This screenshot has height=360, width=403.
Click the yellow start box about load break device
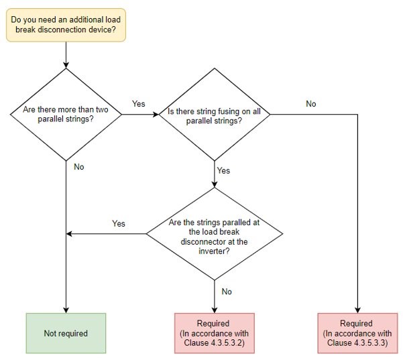tap(66, 24)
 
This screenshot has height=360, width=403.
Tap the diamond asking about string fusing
tap(214, 114)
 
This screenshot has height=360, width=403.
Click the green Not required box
tap(66, 333)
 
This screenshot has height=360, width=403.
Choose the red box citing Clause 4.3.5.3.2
tap(214, 333)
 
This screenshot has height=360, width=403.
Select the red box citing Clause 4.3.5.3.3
tap(356, 333)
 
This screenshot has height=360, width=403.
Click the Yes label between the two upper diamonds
tap(138, 104)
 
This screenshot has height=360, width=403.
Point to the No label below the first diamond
tap(79, 166)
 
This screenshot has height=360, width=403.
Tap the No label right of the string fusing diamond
tap(311, 104)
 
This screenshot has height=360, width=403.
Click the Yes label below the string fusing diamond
tap(223, 170)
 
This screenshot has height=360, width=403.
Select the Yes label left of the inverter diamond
tap(119, 223)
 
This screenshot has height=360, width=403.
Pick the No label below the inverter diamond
tap(227, 292)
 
